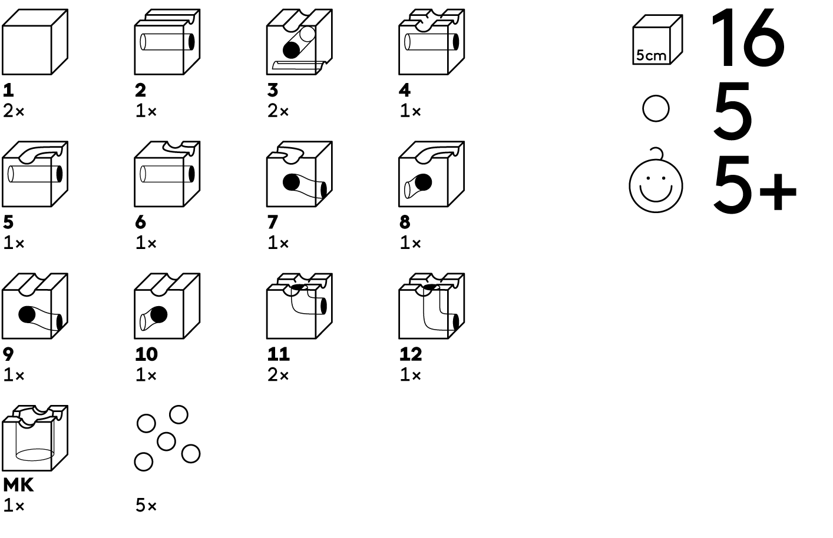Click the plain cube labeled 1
35,42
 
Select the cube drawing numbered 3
299,42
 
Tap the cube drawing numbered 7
299,174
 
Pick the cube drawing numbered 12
431,306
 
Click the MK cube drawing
35,438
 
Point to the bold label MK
18,485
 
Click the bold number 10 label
146,354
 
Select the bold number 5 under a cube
8,222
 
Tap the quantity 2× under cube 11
278,375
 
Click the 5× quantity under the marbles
146,506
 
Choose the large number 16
747,39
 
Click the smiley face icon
656,185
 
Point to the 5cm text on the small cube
651,56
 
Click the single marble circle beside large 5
656,109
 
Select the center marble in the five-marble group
166,441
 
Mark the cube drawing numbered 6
167,174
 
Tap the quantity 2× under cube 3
278,111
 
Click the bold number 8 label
405,222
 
